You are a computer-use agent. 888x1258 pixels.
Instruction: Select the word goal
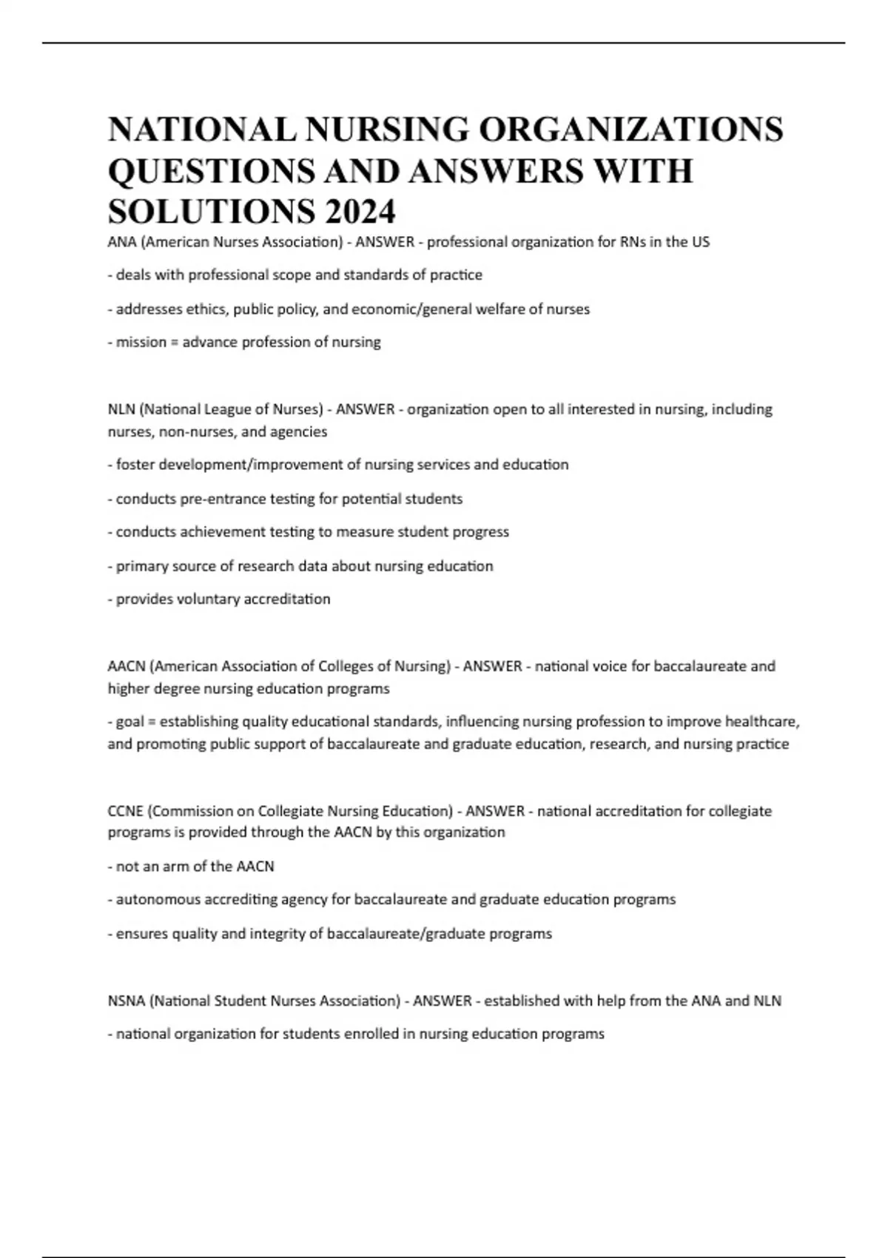130,721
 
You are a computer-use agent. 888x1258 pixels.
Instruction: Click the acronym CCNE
125,811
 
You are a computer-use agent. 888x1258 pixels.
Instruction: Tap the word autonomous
158,900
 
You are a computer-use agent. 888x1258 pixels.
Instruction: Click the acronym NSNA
127,1001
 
